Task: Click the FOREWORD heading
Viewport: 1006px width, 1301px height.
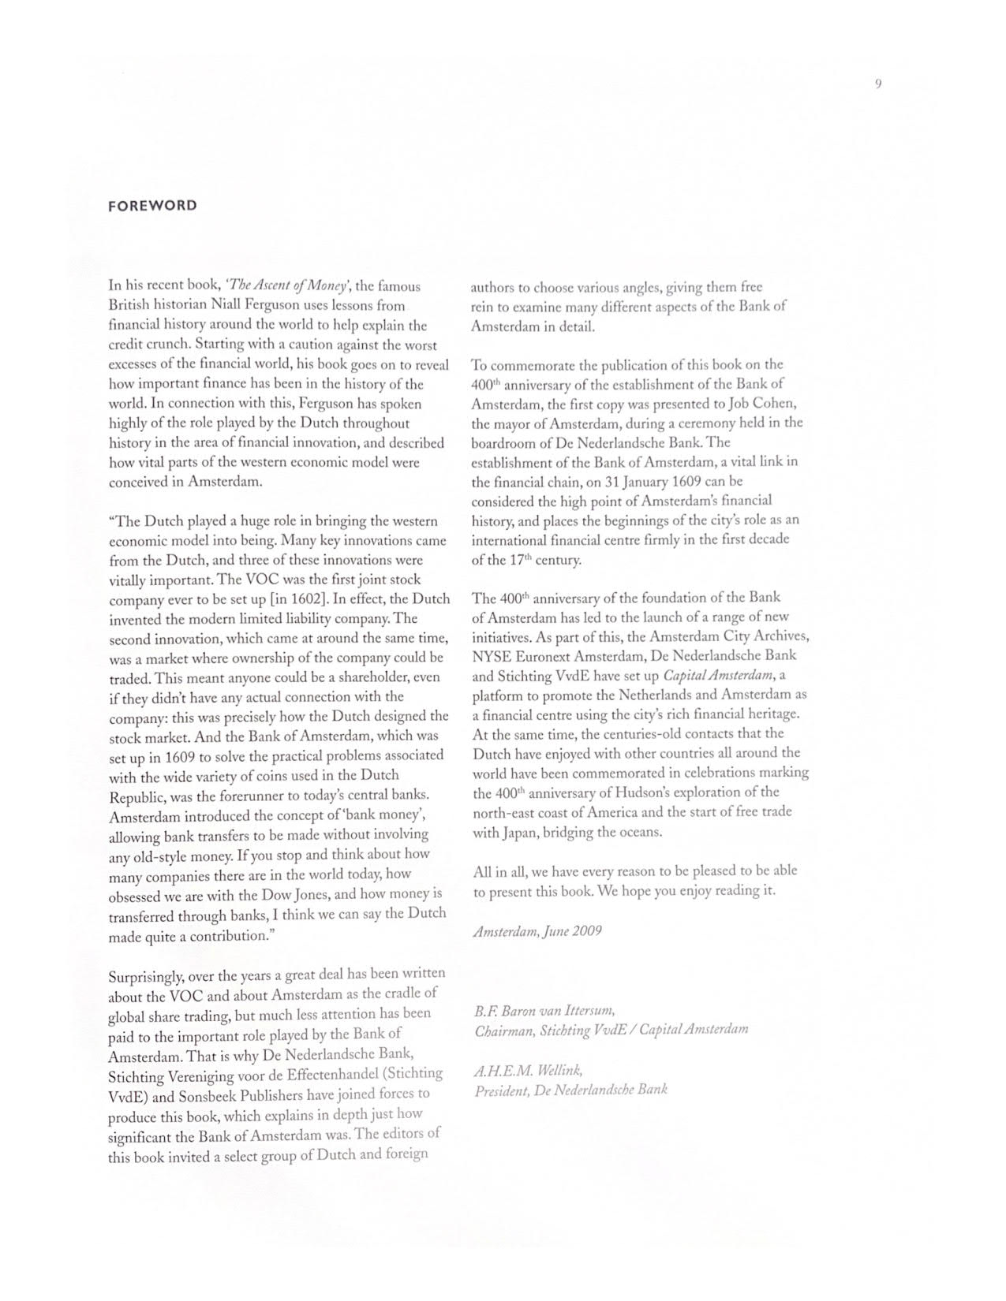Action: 152,206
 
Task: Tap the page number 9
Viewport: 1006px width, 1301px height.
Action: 878,84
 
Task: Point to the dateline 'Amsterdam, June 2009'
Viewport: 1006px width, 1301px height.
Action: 537,931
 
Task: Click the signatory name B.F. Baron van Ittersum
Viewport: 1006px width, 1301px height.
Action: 544,1010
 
